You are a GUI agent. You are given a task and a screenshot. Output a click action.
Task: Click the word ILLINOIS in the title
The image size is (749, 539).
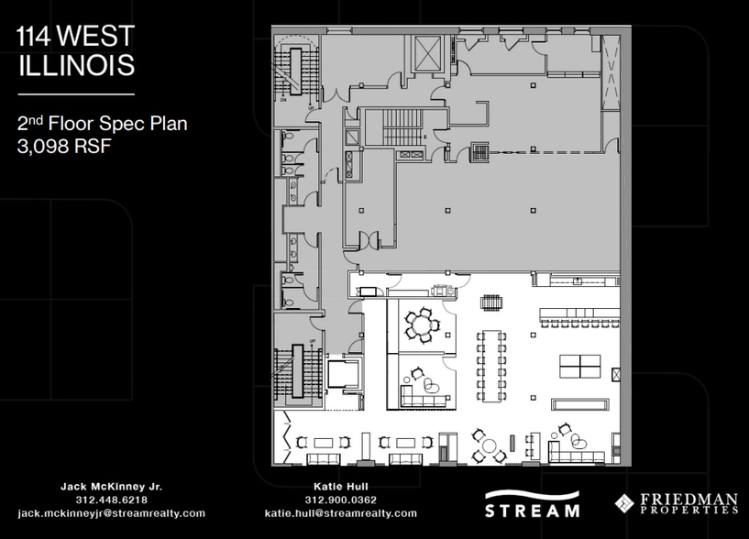point(76,65)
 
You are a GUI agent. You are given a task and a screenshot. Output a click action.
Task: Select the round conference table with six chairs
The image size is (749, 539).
point(423,322)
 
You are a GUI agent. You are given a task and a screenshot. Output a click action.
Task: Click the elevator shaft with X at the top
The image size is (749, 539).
point(427,55)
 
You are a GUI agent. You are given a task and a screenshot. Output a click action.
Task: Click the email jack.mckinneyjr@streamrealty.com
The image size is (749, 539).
point(111,513)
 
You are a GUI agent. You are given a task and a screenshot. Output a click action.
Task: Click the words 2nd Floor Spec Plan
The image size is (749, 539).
point(102,123)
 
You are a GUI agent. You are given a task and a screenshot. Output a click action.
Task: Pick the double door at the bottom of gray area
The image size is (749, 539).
point(369,240)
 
